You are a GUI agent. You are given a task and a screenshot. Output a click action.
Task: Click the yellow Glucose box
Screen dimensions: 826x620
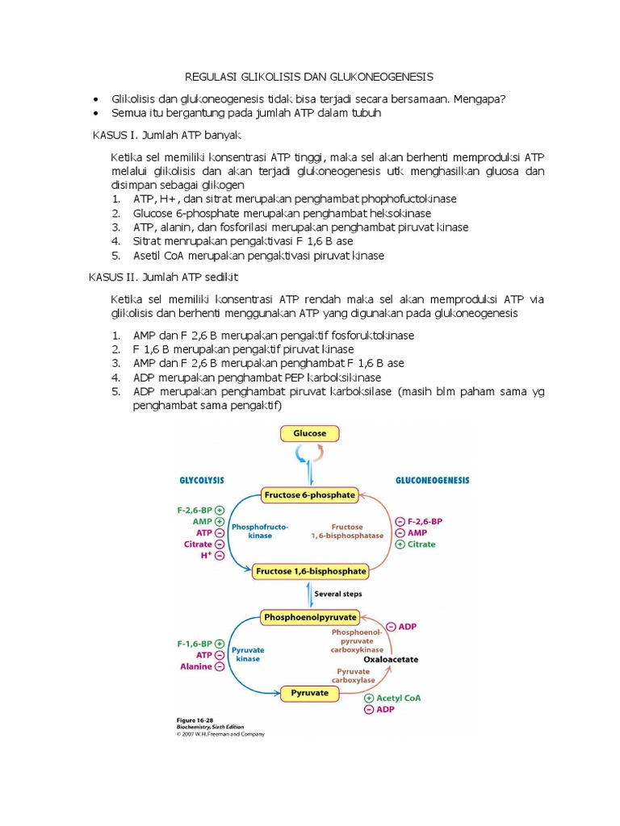[x=309, y=434]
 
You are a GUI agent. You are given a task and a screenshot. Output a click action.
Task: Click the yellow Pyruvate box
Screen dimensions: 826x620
[x=309, y=692]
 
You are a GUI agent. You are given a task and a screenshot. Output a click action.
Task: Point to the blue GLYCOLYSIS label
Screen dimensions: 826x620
[x=201, y=479]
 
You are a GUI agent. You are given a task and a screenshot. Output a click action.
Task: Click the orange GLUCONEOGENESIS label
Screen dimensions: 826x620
[x=431, y=479]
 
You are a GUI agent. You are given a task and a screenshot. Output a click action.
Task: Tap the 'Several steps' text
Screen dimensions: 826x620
[x=337, y=594]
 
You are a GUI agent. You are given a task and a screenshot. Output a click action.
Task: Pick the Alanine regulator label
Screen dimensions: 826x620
[x=195, y=666]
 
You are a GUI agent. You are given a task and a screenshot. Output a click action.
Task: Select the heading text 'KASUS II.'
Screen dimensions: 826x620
[x=112, y=277]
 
